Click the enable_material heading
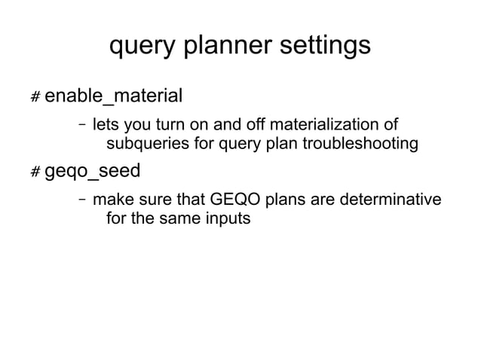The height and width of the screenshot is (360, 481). (114, 96)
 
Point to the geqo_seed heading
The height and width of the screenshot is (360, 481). (93, 171)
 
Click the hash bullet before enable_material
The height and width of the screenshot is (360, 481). (35, 98)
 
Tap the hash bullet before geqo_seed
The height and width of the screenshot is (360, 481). (35, 172)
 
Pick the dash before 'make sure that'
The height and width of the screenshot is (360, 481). (81, 200)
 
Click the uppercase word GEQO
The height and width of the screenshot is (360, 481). (232, 200)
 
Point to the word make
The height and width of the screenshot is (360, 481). (111, 200)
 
